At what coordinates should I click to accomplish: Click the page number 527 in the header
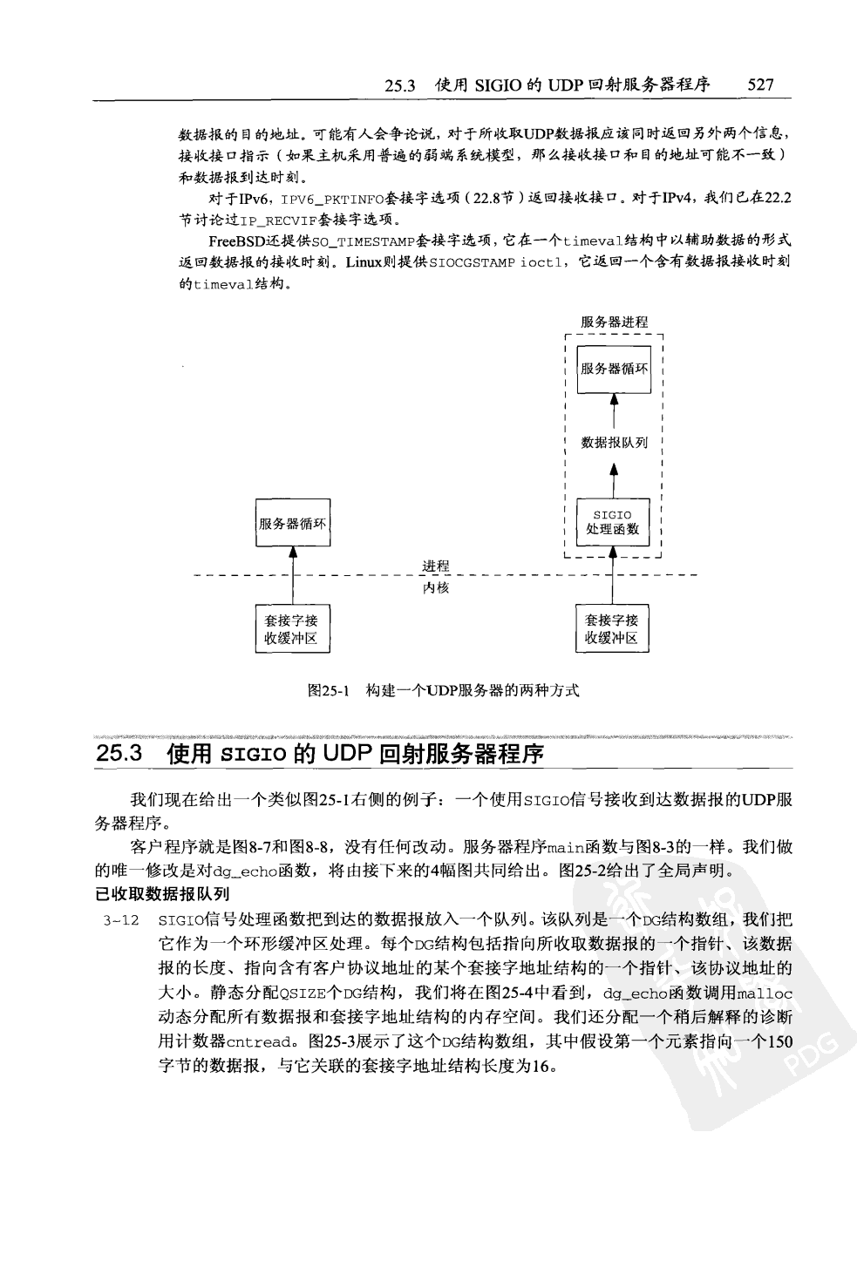pyautogui.click(x=760, y=85)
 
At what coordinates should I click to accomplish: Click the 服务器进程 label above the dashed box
pyautogui.click(x=614, y=322)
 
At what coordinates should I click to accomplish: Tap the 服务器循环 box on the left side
pyautogui.click(x=293, y=523)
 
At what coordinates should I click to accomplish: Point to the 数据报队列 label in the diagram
pyautogui.click(x=615, y=442)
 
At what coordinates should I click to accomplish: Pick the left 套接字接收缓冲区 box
pyautogui.click(x=292, y=629)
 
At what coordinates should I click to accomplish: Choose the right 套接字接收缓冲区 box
pyautogui.click(x=611, y=629)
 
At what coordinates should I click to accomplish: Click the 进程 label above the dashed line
pyautogui.click(x=436, y=566)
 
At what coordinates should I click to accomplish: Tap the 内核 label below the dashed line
pyautogui.click(x=436, y=588)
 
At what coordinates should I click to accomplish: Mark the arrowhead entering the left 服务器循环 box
pyautogui.click(x=293, y=553)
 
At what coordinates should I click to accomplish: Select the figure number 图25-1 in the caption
pyautogui.click(x=329, y=691)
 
